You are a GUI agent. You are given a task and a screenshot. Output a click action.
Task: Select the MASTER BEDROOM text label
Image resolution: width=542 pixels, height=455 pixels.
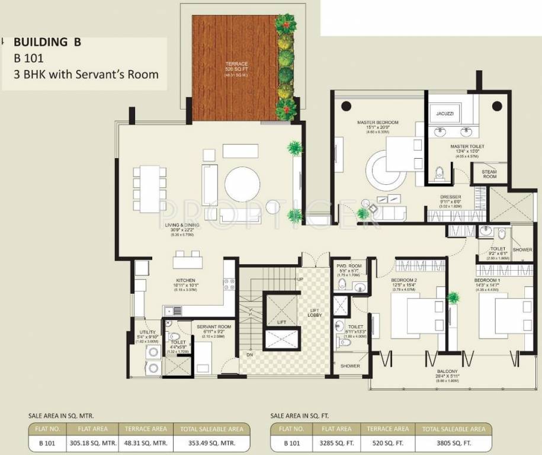point(377,123)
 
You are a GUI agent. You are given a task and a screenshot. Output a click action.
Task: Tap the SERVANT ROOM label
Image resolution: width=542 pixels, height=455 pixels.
point(216,326)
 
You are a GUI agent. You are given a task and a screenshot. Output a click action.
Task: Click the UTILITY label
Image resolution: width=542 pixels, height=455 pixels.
point(147,332)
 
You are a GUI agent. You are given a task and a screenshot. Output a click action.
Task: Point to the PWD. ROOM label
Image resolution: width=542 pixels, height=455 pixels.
point(347,267)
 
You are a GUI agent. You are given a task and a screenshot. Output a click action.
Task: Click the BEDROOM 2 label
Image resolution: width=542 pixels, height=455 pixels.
point(405,280)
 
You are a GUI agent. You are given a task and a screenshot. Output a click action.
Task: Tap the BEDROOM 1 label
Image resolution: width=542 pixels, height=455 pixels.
point(488,280)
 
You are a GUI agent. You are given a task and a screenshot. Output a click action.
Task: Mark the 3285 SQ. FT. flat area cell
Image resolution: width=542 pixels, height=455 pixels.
point(336,443)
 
